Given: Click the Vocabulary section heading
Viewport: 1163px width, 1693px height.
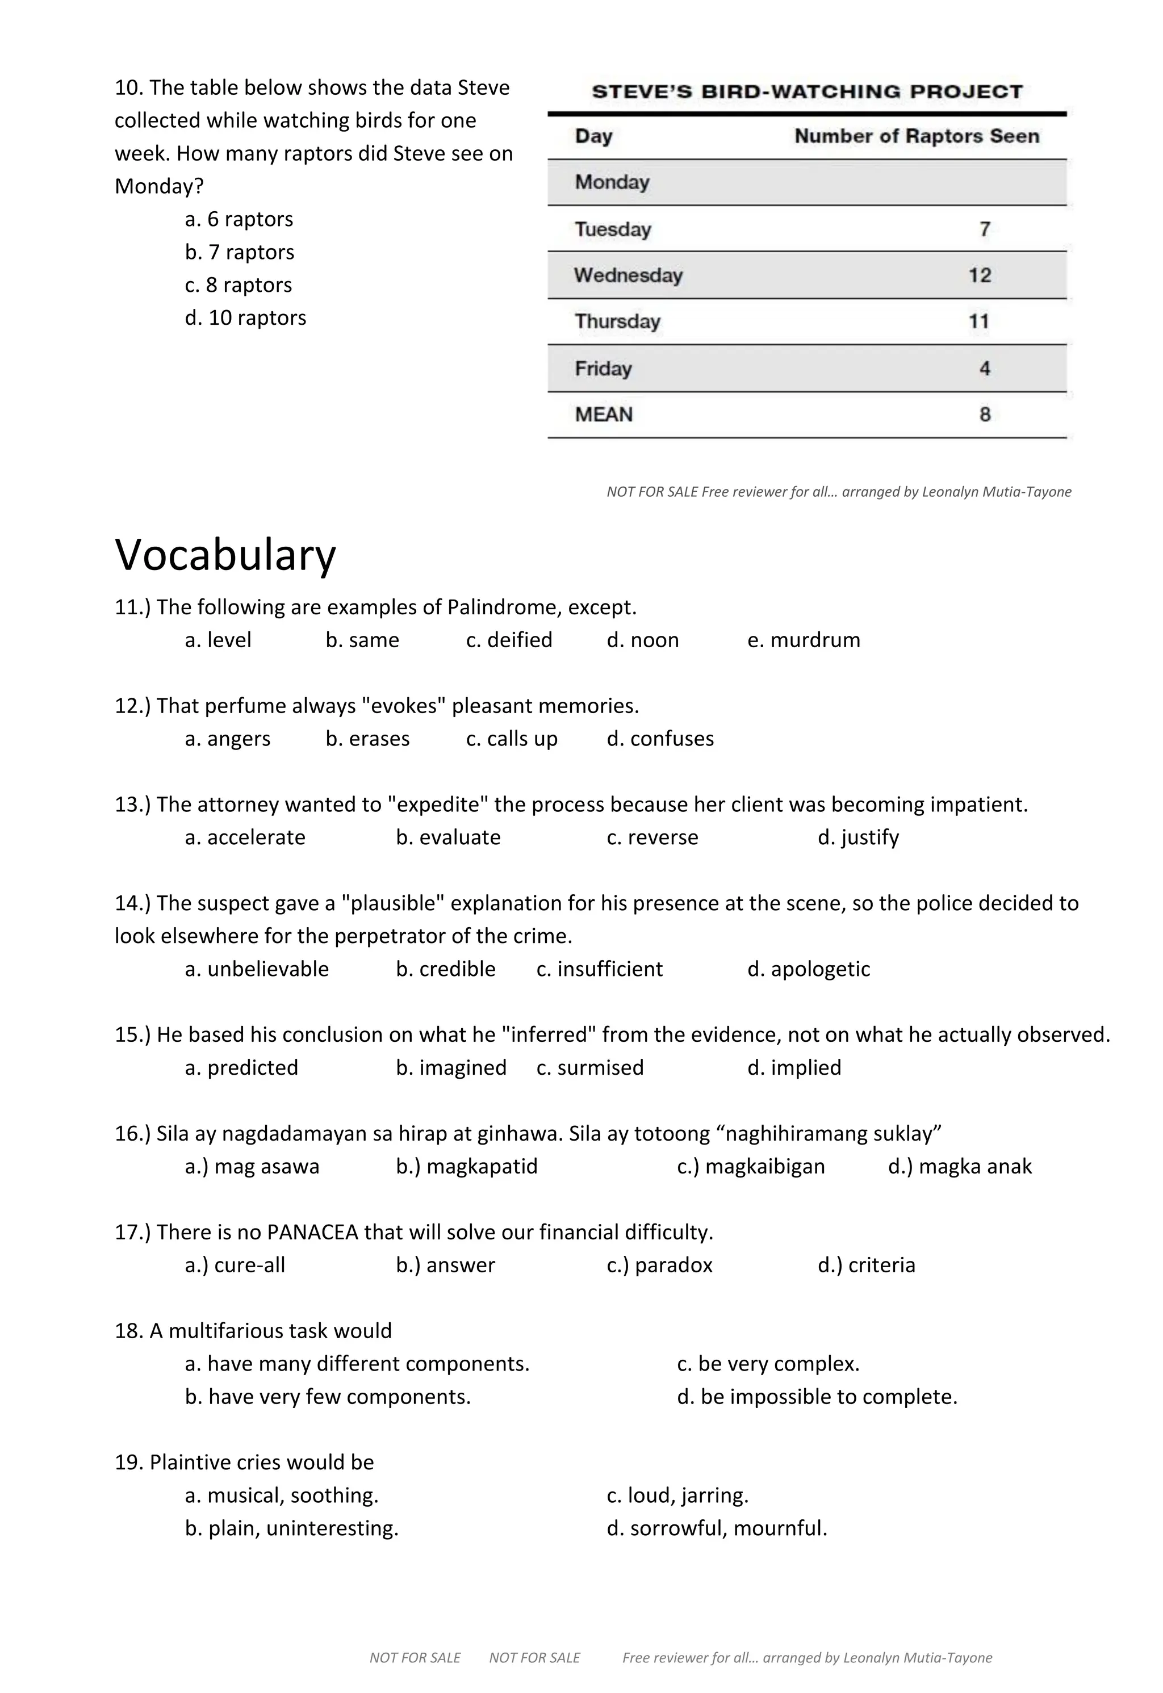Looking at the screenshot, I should [x=225, y=555].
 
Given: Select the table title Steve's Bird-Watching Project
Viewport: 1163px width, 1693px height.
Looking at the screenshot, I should [x=807, y=92].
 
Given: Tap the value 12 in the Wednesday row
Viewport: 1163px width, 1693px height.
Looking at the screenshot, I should [x=980, y=275].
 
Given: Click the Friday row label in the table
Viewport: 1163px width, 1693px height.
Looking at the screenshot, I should [x=603, y=368].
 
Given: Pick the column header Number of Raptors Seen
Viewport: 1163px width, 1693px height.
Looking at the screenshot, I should [x=916, y=136].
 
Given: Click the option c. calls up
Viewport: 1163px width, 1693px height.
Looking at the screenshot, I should [x=512, y=739].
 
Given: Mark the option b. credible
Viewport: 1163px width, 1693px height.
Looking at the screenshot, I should [x=445, y=969].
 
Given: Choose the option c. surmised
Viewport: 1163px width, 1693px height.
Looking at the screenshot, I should [x=589, y=1067].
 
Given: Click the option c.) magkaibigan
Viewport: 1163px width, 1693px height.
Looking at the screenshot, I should [x=751, y=1166].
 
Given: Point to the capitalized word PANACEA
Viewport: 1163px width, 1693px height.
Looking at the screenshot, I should [x=312, y=1232].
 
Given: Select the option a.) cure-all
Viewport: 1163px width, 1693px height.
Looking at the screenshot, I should [x=235, y=1265].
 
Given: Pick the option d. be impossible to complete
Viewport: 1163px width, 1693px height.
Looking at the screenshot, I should [x=816, y=1397].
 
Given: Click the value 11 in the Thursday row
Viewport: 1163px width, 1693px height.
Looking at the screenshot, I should [x=978, y=321].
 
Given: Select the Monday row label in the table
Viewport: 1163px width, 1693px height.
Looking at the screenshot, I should [x=612, y=182].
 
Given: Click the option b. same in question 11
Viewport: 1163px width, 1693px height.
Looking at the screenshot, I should [x=362, y=640].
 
